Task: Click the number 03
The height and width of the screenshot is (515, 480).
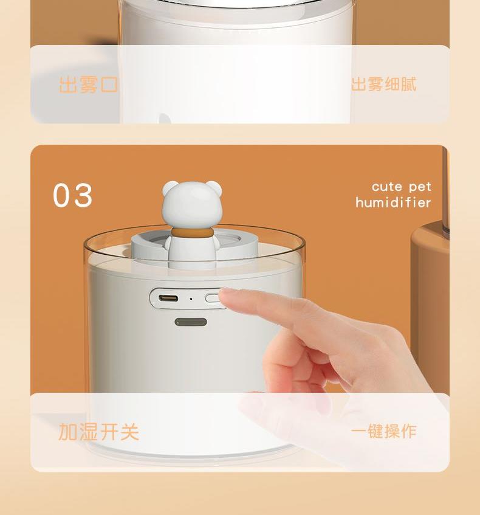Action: [x=72, y=195]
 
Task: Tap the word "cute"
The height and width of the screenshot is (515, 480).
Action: [x=386, y=187]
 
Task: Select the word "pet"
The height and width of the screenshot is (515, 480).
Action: [x=420, y=187]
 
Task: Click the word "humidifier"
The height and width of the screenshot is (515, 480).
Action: [x=393, y=202]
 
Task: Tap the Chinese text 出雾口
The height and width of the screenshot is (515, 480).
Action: [x=88, y=85]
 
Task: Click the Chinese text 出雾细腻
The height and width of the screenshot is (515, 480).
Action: [x=384, y=84]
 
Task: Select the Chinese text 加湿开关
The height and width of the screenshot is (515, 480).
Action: [x=98, y=432]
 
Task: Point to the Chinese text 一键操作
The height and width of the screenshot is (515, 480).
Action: [x=384, y=431]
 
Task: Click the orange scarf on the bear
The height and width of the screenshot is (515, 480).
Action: [x=192, y=232]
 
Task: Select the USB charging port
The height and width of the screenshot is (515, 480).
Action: [x=168, y=299]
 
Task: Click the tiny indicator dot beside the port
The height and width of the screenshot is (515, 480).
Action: [x=191, y=299]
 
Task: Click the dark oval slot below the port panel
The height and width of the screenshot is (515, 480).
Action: [x=191, y=322]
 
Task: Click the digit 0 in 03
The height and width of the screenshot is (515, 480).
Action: [x=63, y=195]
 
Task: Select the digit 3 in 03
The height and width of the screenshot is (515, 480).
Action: [x=83, y=195]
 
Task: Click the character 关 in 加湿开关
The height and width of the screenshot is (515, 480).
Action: [x=129, y=432]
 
